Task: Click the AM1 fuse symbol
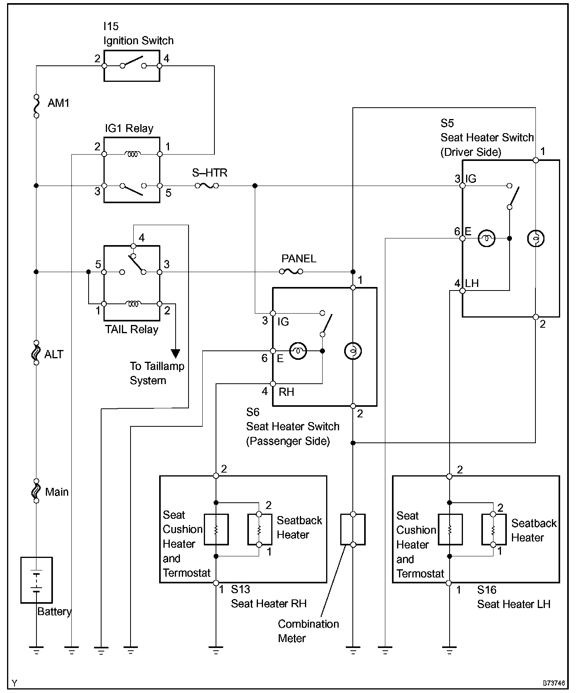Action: (36, 106)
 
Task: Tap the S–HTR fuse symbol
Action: (207, 186)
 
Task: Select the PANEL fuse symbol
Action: (291, 271)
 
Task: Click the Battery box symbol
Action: (36, 580)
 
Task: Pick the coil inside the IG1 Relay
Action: (132, 154)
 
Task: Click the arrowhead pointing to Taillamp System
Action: (176, 353)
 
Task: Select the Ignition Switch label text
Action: (138, 41)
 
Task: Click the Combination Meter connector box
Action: (353, 529)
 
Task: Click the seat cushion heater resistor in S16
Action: (450, 529)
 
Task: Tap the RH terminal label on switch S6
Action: (286, 392)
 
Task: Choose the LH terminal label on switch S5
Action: (472, 283)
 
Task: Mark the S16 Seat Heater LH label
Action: (513, 597)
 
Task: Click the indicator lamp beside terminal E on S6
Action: (298, 351)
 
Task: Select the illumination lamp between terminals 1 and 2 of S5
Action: (535, 238)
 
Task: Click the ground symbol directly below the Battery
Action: (36, 651)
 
